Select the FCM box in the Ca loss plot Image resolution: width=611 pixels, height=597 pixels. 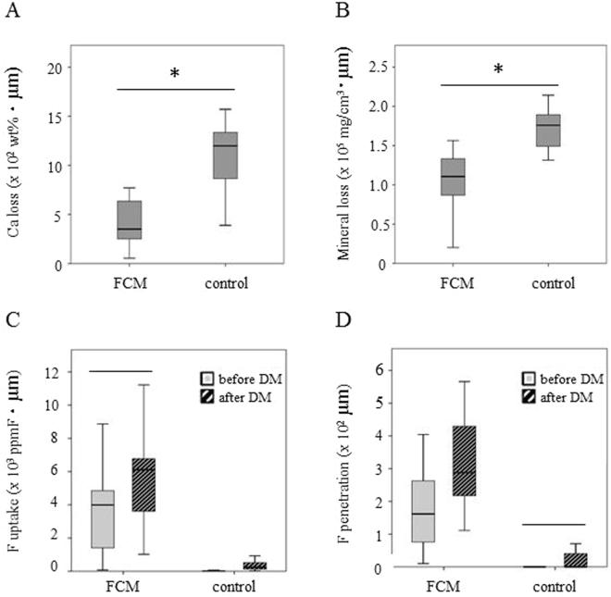click(x=129, y=220)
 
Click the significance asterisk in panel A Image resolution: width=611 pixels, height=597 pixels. click(x=176, y=73)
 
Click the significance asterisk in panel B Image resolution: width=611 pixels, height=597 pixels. click(x=497, y=71)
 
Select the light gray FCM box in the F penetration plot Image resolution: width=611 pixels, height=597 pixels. click(x=423, y=511)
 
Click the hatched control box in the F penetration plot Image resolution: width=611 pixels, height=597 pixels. click(x=550, y=560)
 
